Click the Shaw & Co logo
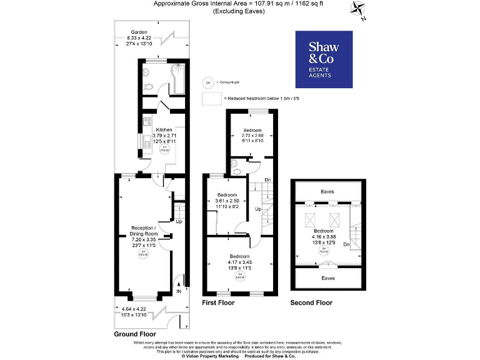(x=323, y=59)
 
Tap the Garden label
(x=139, y=32)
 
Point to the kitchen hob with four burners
(x=147, y=121)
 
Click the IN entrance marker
(x=178, y=291)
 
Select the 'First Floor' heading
(x=218, y=302)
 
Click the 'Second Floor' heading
(x=311, y=302)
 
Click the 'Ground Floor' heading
(x=134, y=334)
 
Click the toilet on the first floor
(x=234, y=166)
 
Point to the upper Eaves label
(x=327, y=191)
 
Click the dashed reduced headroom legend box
(x=211, y=98)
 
